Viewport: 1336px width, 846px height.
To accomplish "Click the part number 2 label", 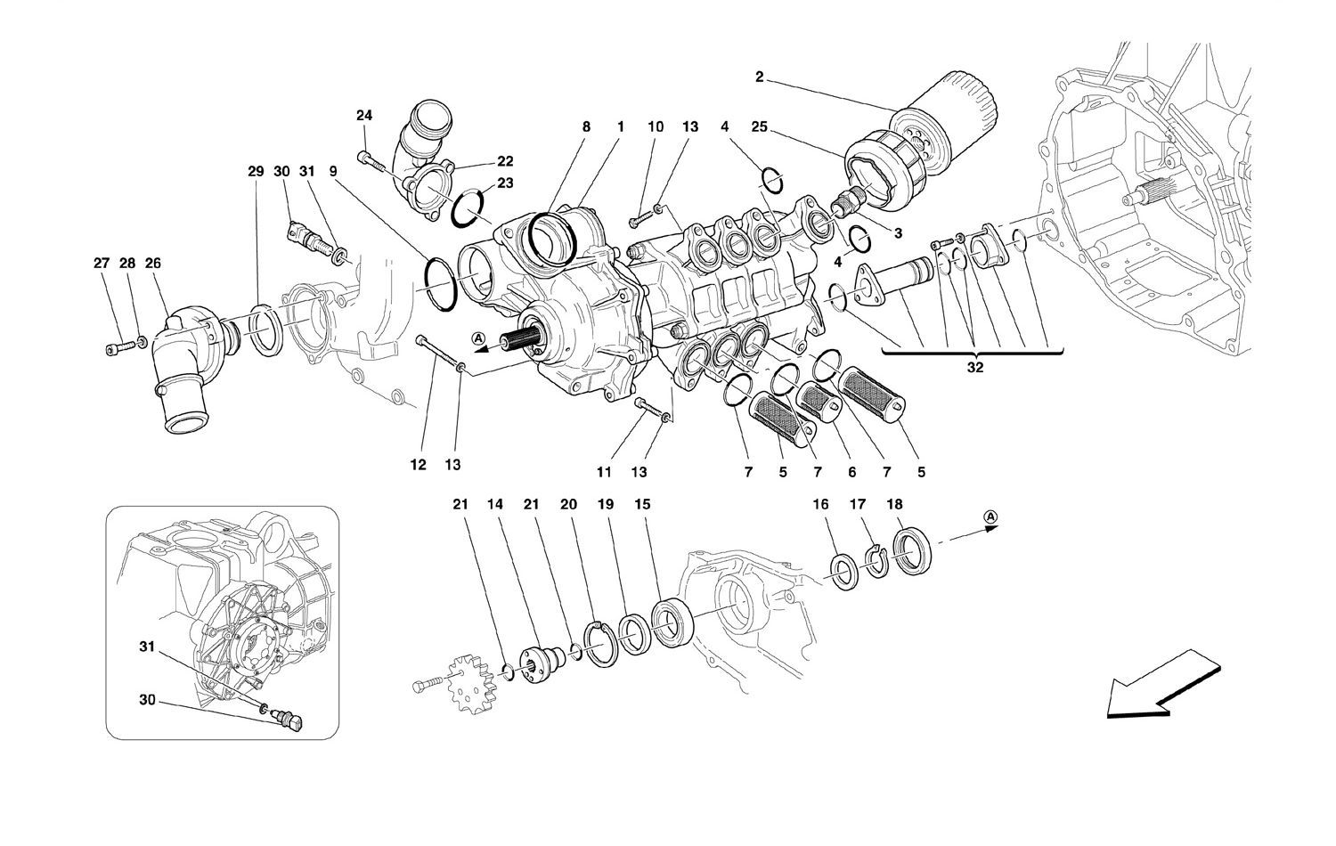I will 759,77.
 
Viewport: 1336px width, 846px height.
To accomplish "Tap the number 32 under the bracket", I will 974,368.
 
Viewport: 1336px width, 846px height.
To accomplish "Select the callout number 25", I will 759,127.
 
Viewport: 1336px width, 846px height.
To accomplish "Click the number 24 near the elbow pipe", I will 365,115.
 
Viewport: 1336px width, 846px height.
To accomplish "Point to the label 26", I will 153,264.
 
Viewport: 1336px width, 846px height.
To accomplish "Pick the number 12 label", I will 420,465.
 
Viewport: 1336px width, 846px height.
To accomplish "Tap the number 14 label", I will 495,505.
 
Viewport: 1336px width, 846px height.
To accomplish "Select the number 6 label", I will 851,472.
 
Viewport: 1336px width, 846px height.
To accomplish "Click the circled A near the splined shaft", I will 478,338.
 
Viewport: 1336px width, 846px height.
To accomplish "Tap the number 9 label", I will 332,171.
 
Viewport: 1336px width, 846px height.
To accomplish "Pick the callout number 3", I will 898,233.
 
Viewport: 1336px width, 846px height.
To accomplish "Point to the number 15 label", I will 641,505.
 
